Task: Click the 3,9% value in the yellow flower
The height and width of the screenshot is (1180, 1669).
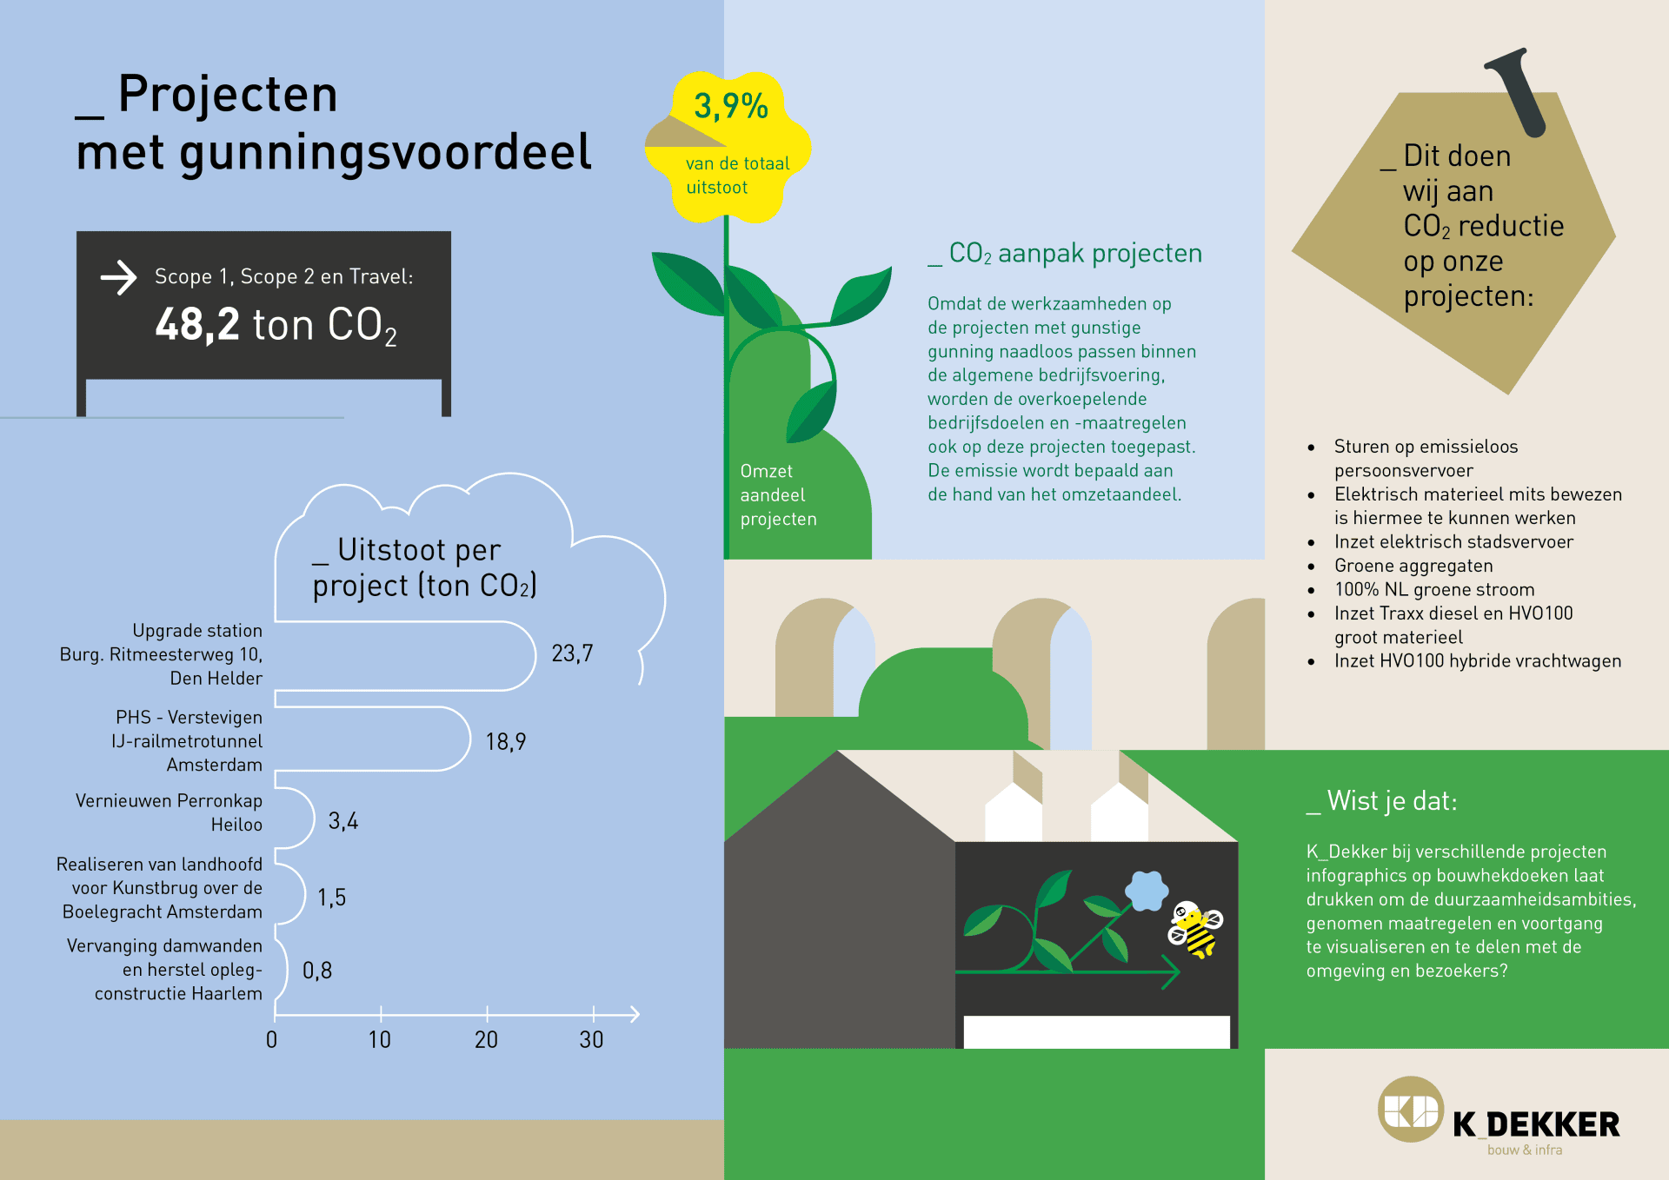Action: coord(731,107)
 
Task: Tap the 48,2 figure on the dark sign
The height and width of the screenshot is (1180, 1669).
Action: coord(197,325)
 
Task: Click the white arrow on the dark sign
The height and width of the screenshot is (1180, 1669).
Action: coord(119,278)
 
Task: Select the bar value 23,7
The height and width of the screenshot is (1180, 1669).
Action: coord(572,653)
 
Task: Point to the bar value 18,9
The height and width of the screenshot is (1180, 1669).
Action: coord(506,741)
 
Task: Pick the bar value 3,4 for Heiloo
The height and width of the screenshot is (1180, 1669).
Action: coord(343,821)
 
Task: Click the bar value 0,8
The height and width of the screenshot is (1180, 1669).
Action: coord(317,971)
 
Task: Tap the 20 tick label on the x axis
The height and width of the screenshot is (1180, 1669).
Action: coord(486,1039)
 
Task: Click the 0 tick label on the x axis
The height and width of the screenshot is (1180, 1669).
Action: coord(272,1039)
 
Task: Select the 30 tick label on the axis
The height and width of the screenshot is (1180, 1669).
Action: coord(592,1039)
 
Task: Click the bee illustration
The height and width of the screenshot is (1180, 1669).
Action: coord(1195,929)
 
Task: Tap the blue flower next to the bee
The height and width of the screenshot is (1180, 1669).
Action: coord(1147,891)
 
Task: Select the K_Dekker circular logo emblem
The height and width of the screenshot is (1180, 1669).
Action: coord(1410,1109)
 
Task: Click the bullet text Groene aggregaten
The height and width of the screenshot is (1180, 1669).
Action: coord(1413,566)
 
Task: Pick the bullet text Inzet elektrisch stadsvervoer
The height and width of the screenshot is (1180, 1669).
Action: coord(1453,542)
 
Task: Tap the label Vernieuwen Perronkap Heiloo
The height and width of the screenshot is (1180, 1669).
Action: coord(169,812)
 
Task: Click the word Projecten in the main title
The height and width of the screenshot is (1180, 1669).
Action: coord(228,94)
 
